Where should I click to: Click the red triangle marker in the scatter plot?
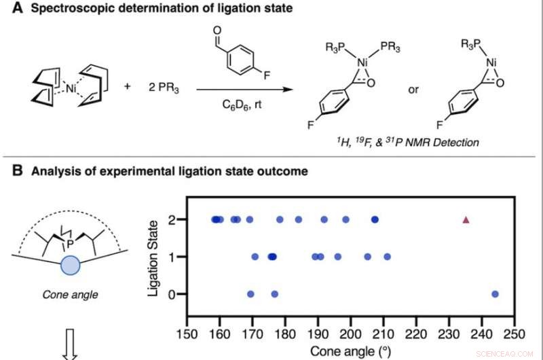click(466, 219)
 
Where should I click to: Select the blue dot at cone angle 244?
click(495, 293)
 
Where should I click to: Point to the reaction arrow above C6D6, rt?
click(238, 87)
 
